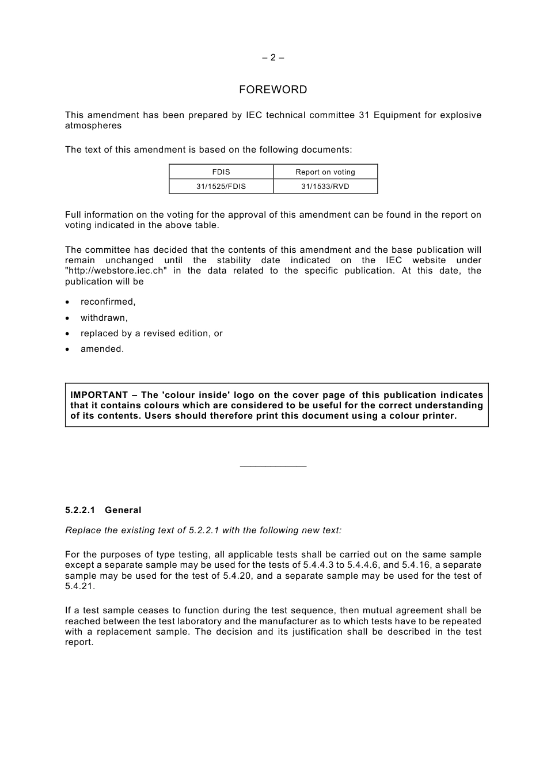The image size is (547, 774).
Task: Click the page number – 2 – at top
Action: tap(273, 58)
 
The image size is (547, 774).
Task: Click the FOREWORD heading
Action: tap(273, 90)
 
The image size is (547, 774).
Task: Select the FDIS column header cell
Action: tap(221, 172)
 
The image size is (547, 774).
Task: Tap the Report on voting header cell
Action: tap(325, 172)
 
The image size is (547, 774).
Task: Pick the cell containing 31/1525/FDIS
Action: tap(221, 187)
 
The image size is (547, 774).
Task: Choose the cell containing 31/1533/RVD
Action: tap(325, 187)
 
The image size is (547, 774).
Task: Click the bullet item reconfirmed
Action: tap(108, 302)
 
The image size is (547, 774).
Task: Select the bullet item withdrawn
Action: tap(104, 318)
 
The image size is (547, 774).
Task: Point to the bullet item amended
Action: tap(102, 349)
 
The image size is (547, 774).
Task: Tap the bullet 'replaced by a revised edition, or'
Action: tap(151, 333)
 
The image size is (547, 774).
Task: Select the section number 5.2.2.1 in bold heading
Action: tap(80, 510)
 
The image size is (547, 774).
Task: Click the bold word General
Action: tap(123, 510)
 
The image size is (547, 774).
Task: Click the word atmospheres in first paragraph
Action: tap(93, 126)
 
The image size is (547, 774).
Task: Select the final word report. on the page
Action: tap(79, 643)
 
